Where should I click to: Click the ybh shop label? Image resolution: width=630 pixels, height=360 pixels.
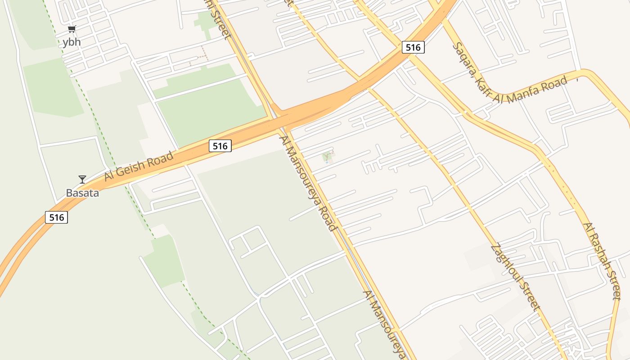71,42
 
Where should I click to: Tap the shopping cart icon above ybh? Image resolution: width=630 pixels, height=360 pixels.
72,29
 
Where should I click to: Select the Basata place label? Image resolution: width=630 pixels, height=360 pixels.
82,193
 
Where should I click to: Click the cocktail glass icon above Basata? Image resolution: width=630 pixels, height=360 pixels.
82,179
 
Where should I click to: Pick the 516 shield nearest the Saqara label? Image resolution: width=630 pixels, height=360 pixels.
413,47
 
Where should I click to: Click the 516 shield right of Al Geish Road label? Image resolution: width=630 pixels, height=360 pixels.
220,145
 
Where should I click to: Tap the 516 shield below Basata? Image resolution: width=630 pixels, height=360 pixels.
56,217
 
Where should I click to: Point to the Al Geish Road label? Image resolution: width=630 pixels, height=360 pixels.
139,166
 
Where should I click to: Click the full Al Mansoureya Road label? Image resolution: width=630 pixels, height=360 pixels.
308,182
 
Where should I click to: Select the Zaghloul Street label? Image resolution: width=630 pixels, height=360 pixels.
515,277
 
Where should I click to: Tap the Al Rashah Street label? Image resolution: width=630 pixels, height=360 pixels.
602,261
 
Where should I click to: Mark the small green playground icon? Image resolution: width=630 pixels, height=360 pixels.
328,157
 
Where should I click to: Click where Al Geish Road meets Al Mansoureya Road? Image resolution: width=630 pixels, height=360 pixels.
281,121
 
